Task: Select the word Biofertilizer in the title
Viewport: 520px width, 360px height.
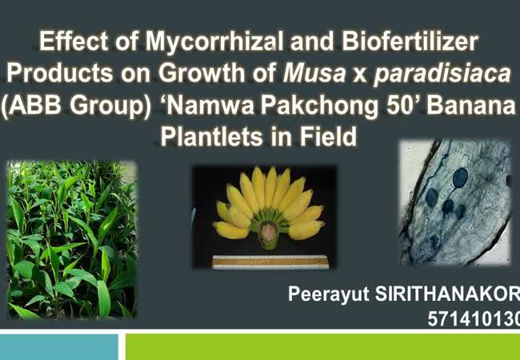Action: (x=410, y=41)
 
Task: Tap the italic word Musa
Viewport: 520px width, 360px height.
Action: (x=314, y=73)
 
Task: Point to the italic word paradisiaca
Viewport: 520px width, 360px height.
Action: (x=442, y=74)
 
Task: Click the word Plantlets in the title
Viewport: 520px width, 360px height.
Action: (x=213, y=136)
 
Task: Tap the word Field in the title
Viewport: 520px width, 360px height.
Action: (x=328, y=136)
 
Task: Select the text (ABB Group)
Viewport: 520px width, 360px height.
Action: (x=76, y=106)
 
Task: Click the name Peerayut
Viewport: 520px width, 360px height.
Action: (x=328, y=294)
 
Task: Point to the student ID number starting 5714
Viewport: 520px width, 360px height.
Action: (x=474, y=318)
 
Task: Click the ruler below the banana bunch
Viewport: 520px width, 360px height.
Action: (x=270, y=262)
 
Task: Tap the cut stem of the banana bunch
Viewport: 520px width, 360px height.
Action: (x=270, y=234)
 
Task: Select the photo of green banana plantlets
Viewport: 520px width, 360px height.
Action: (x=72, y=240)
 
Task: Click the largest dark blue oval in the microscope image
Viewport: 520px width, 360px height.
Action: (x=460, y=178)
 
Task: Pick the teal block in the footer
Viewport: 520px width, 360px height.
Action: (x=59, y=346)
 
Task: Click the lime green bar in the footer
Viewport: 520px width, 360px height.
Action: (x=322, y=346)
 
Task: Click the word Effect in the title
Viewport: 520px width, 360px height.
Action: (x=74, y=42)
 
